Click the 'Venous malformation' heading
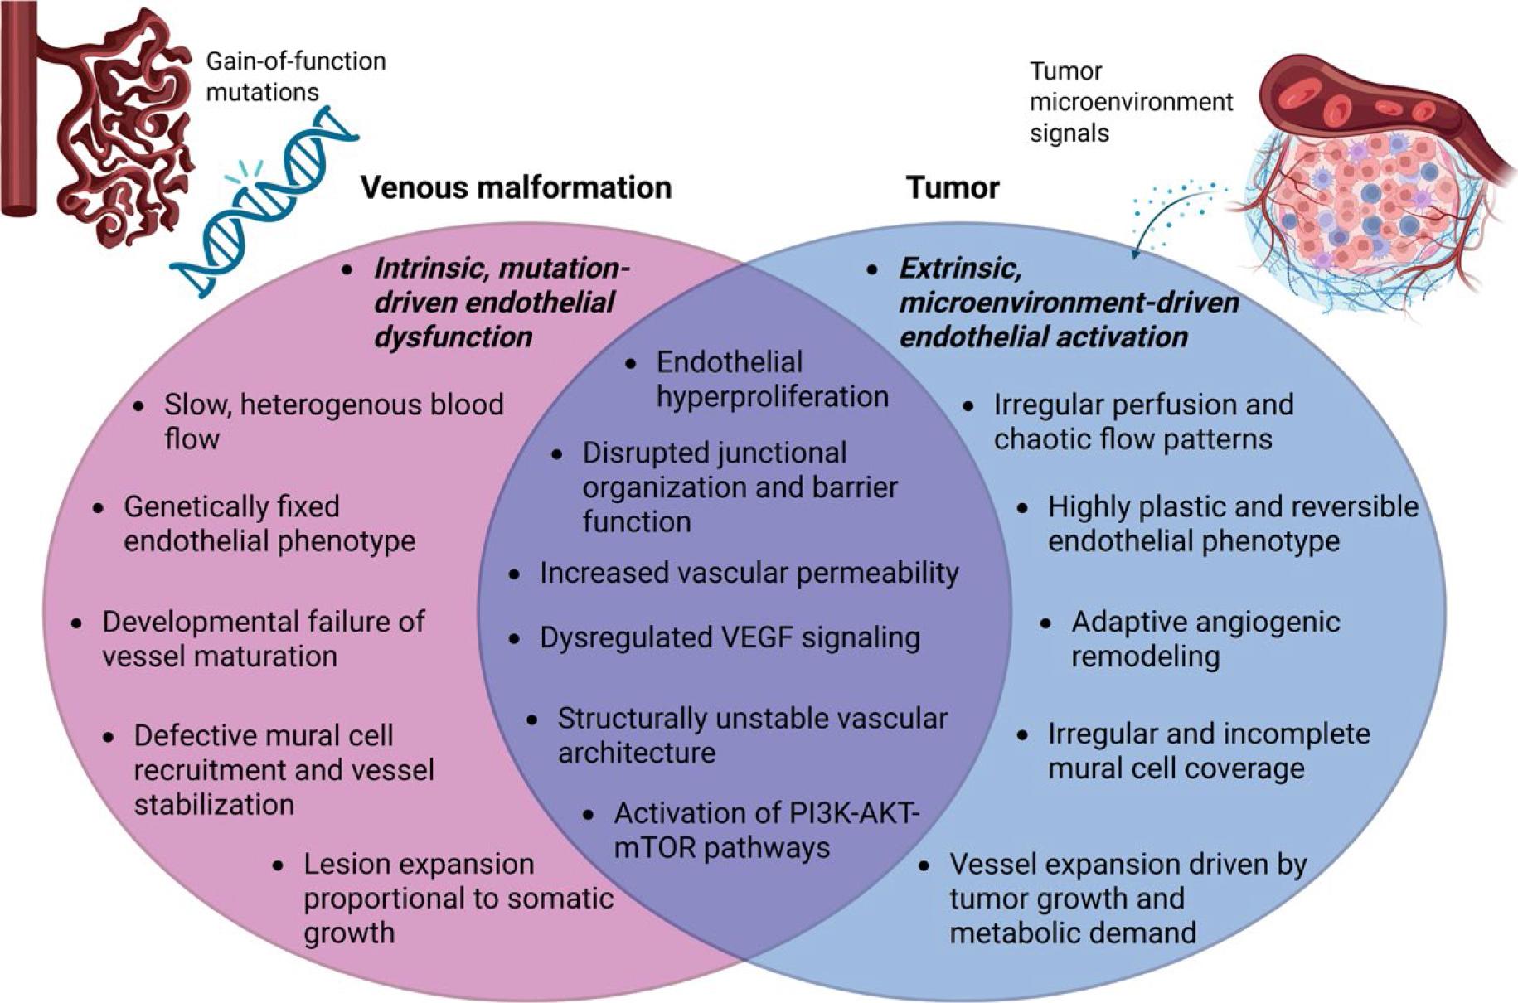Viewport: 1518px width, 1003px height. pyautogui.click(x=516, y=188)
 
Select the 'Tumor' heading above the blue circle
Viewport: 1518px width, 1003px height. pyautogui.click(x=953, y=188)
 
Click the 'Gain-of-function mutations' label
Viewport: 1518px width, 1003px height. pyautogui.click(x=295, y=76)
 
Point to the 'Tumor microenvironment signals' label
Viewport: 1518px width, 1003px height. pyautogui.click(x=1131, y=102)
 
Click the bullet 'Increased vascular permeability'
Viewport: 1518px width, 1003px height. pyautogui.click(x=749, y=573)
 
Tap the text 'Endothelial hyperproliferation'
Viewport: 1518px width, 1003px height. pyautogui.click(x=771, y=380)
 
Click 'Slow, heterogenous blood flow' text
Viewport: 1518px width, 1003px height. pyautogui.click(x=333, y=421)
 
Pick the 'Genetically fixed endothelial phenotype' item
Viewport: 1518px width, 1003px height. pyautogui.click(x=269, y=523)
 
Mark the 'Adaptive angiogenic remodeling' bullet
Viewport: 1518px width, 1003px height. pyautogui.click(x=1205, y=638)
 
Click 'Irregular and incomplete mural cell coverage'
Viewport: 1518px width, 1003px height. pyautogui.click(x=1208, y=751)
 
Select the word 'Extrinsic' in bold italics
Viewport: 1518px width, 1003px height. pyautogui.click(x=959, y=269)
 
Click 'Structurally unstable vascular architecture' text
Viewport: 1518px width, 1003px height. pyautogui.click(x=751, y=735)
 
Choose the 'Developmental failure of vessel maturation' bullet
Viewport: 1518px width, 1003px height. pyautogui.click(x=262, y=638)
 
